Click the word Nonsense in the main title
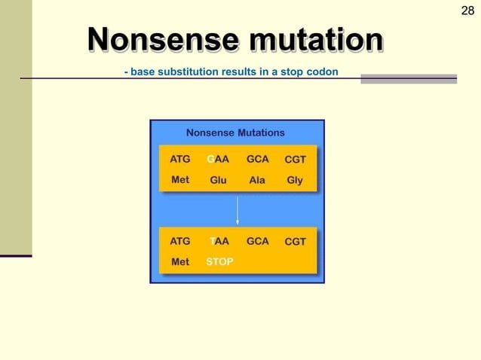pyautogui.click(x=156, y=39)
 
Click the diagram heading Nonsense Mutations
pyautogui.click(x=236, y=133)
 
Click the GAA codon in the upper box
pyautogui.click(x=218, y=160)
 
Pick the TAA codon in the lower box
pyautogui.click(x=219, y=242)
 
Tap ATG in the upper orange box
pyautogui.click(x=180, y=160)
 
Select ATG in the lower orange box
pyautogui.click(x=180, y=242)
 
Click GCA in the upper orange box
pyautogui.click(x=257, y=160)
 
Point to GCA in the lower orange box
pyautogui.click(x=257, y=242)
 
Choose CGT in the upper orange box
pyautogui.click(x=295, y=160)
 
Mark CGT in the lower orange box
pyautogui.click(x=295, y=242)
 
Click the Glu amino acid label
pyautogui.click(x=218, y=181)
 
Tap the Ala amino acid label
pyautogui.click(x=257, y=181)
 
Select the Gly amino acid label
pyautogui.click(x=295, y=181)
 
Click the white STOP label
pyautogui.click(x=219, y=262)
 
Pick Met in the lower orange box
pyautogui.click(x=180, y=262)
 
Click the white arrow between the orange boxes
pyautogui.click(x=237, y=211)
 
